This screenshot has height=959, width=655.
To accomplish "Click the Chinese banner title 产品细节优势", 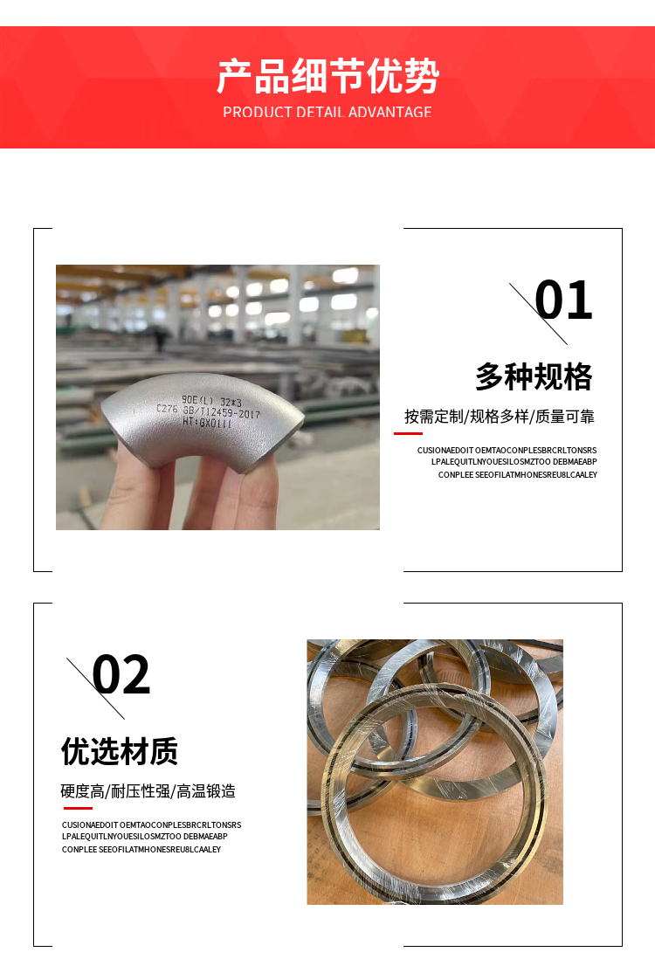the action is click(327, 76).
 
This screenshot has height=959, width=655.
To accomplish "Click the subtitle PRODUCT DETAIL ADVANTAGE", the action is click(327, 112).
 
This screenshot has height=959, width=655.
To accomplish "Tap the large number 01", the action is click(563, 300).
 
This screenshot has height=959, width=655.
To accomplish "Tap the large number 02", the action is click(121, 674).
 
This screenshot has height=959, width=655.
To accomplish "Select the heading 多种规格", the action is click(534, 376).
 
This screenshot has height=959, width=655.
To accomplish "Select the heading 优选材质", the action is click(120, 751).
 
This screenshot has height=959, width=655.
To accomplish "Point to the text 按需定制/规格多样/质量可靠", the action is click(499, 417).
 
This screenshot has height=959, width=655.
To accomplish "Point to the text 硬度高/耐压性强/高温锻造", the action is click(148, 791).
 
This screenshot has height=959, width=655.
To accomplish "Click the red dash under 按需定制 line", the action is click(408, 433).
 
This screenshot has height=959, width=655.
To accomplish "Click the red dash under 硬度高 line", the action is click(78, 809).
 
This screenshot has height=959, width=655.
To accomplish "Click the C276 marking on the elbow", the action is click(167, 408).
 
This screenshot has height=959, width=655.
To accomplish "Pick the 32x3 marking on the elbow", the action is click(231, 402).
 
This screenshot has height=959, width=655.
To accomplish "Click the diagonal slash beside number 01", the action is click(538, 314).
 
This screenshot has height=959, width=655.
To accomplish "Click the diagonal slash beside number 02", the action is click(95, 688).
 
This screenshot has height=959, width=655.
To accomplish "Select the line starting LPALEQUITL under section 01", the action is click(514, 462).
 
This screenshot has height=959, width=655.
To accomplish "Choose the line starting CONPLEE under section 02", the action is click(141, 850).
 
